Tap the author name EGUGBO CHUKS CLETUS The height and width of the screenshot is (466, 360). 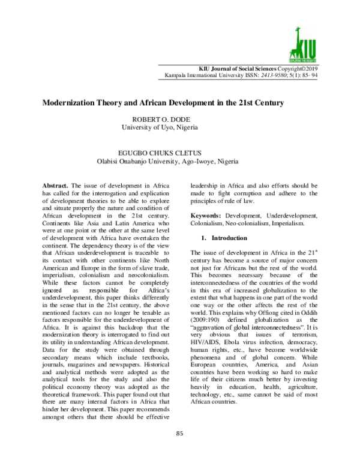click(x=167, y=153)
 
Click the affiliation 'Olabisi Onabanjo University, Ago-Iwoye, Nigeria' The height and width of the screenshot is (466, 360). click(x=167, y=162)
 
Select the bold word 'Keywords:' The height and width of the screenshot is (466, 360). click(x=207, y=215)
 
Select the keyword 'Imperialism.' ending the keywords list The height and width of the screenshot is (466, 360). click(x=298, y=223)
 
